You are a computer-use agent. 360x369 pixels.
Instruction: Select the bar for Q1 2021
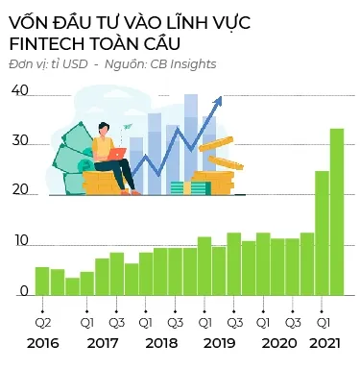click(323, 234)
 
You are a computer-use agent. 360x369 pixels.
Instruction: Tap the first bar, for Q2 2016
click(42, 281)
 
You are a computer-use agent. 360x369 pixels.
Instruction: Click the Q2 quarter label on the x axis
click(43, 322)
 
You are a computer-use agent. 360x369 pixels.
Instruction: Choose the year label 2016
click(43, 343)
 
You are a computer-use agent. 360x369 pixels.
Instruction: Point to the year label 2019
click(220, 343)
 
